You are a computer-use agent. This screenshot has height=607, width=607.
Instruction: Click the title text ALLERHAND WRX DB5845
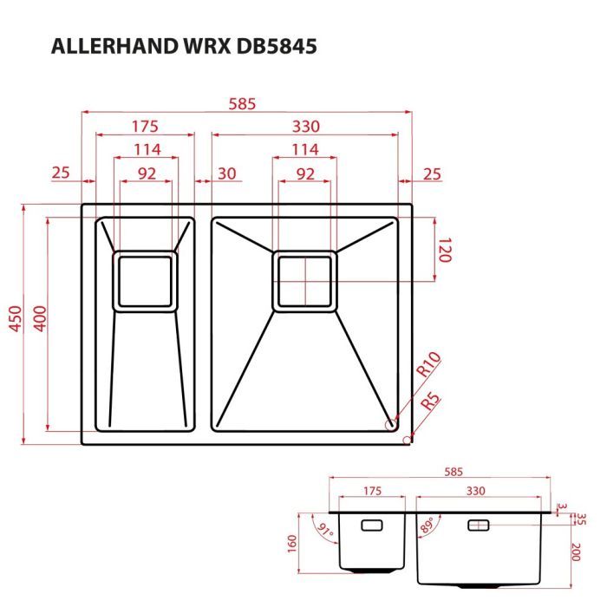pyautogui.click(x=183, y=47)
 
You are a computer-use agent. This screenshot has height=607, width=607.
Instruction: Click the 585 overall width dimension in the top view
pyautogui.click(x=242, y=103)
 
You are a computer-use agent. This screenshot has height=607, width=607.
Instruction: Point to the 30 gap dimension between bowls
pyautogui.click(x=227, y=173)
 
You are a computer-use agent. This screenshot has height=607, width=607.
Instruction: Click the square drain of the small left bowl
pyautogui.click(x=145, y=280)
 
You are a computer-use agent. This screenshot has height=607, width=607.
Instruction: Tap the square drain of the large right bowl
pyautogui.click(x=304, y=280)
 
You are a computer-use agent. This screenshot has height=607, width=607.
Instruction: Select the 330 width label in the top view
pyautogui.click(x=304, y=126)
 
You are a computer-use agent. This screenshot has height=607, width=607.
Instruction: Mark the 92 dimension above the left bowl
pyautogui.click(x=146, y=173)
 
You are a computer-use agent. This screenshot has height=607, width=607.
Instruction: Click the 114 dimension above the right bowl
pyautogui.click(x=304, y=149)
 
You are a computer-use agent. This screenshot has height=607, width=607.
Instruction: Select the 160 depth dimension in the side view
pyautogui.click(x=292, y=542)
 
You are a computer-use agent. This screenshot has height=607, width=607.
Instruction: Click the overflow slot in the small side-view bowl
pyautogui.click(x=371, y=525)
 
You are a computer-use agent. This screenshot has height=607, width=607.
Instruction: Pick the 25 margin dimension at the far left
pyautogui.click(x=60, y=173)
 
